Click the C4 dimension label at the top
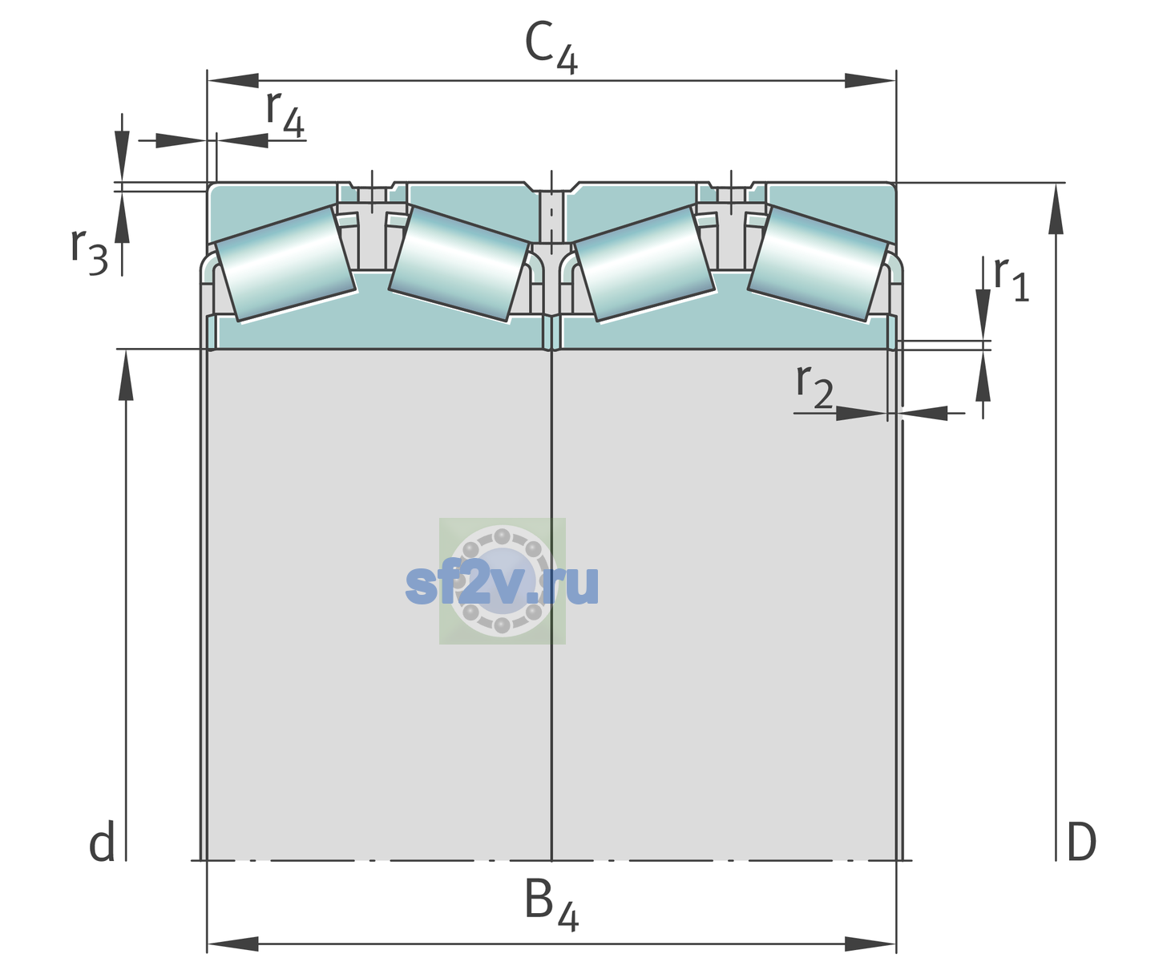[x=551, y=46]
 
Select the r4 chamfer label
[x=285, y=115]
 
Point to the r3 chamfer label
[x=89, y=252]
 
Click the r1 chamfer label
[x=1011, y=279]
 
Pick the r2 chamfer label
[x=814, y=386]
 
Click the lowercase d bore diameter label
[x=102, y=842]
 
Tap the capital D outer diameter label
[x=1081, y=843]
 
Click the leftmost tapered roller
[x=285, y=265]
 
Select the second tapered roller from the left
[x=458, y=265]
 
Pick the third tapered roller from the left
[x=644, y=265]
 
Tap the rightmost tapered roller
[x=818, y=265]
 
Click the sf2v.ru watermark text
[x=502, y=584]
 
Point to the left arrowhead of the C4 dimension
[x=233, y=80]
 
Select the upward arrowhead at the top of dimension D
[x=1056, y=208]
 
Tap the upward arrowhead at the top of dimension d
[x=126, y=374]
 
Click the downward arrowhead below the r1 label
[x=983, y=315]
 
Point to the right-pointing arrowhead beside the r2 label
[x=862, y=413]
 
